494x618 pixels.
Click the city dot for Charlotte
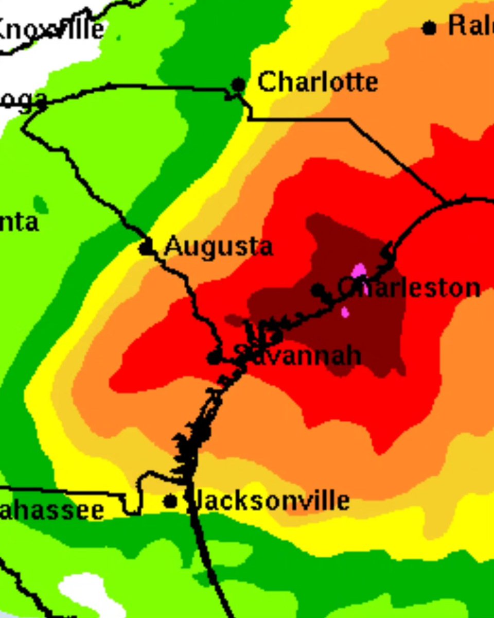238,84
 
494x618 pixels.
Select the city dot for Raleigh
429,28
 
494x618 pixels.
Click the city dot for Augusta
146,248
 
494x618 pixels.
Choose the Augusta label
218,247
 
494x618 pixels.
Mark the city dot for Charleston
318,289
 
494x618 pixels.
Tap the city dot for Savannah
214,357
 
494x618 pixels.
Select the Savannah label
297,355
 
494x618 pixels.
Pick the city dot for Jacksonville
170,501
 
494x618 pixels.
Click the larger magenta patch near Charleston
359,271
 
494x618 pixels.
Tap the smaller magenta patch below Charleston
345,312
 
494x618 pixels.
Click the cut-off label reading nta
19,223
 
